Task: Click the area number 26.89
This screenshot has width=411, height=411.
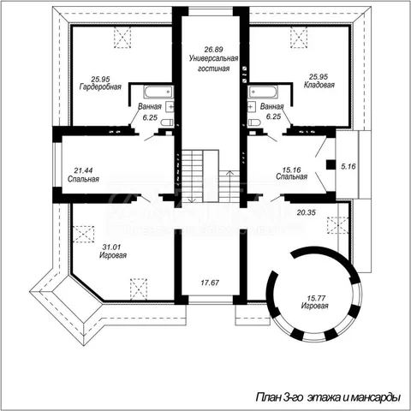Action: pyautogui.click(x=213, y=50)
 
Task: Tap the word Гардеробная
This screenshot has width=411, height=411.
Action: pyautogui.click(x=100, y=86)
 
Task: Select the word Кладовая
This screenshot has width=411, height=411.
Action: pyautogui.click(x=319, y=85)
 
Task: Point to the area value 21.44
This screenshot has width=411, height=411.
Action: pyautogui.click(x=83, y=170)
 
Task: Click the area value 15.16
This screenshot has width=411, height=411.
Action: pyautogui.click(x=291, y=170)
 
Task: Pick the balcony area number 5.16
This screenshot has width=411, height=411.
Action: pyautogui.click(x=348, y=166)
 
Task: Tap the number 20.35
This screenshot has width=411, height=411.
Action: pyautogui.click(x=307, y=212)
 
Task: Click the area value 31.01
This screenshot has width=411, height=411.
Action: pyautogui.click(x=111, y=247)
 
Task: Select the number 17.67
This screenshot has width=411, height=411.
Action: pyautogui.click(x=210, y=283)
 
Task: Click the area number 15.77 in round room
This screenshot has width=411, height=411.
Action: pyautogui.click(x=316, y=298)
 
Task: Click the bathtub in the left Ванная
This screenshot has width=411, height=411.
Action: pyautogui.click(x=158, y=92)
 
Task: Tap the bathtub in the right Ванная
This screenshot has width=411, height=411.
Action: pyautogui.click(x=263, y=92)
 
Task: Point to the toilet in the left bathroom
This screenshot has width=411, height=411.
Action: pyautogui.click(x=167, y=122)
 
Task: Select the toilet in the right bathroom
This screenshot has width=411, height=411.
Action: pyautogui.click(x=254, y=122)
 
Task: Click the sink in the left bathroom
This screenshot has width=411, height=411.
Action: pyautogui.click(x=170, y=107)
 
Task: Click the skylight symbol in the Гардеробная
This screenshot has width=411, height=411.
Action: pyautogui.click(x=122, y=37)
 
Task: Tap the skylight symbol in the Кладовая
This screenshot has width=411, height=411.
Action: pyautogui.click(x=299, y=37)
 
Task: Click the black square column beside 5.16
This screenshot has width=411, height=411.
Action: pyautogui.click(x=331, y=165)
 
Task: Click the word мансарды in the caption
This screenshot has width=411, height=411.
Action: pyautogui.click(x=375, y=397)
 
